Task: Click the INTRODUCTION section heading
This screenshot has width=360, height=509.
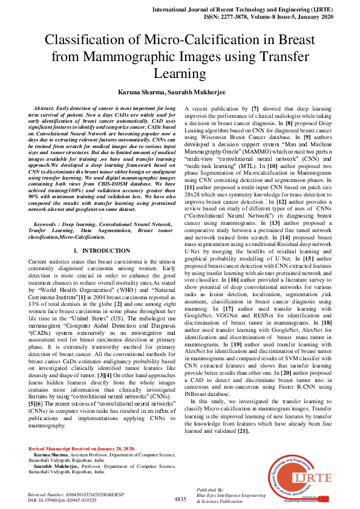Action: tap(101, 250)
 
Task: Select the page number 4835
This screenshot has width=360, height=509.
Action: tap(180, 499)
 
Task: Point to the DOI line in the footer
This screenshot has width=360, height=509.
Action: tap(62, 501)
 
